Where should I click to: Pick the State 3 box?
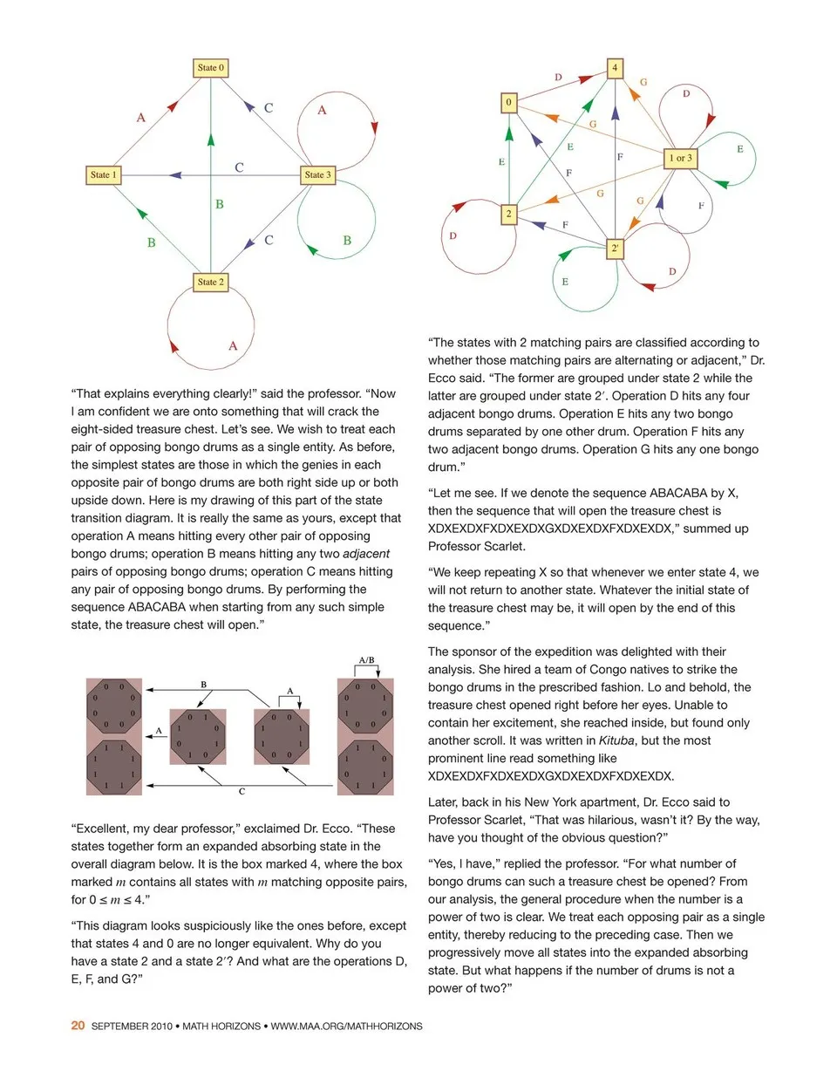coord(317,175)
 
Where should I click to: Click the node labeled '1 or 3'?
coord(680,158)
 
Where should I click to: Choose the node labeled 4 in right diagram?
coord(616,68)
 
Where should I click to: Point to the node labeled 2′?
coord(616,249)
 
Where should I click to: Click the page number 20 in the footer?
coord(78,1027)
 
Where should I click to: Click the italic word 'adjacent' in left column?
coord(366,553)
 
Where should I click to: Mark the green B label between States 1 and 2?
coord(151,242)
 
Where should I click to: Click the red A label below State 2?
coord(233,346)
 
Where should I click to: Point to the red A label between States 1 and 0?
coord(140,117)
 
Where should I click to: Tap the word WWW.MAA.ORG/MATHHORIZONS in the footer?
coord(346,1027)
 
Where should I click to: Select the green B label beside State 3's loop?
coord(346,241)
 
